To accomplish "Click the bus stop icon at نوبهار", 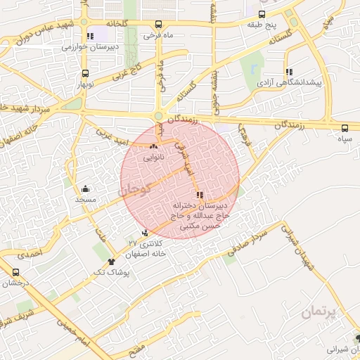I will [x=85, y=74].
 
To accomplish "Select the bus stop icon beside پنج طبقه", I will [x=262, y=14].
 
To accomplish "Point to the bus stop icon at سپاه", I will [x=345, y=128].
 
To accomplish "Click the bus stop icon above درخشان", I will [x=16, y=272].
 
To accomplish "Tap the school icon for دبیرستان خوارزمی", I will [x=89, y=36].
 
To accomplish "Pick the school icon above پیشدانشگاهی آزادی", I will [x=289, y=72].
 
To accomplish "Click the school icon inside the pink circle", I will [x=200, y=195].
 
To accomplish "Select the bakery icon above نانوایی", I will [x=153, y=147].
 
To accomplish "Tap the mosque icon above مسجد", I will [x=85, y=188].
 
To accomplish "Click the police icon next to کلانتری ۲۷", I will [x=145, y=233].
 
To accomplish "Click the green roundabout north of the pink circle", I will [x=158, y=117].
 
